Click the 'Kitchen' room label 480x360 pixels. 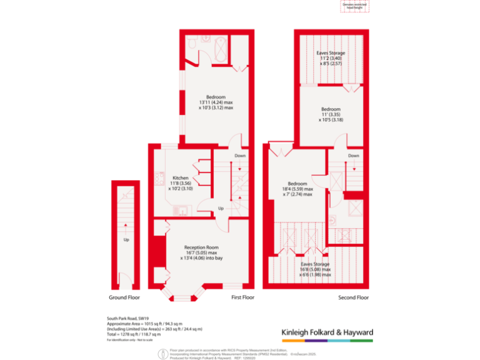click(x=181, y=177)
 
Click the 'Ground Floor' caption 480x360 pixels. click(x=125, y=297)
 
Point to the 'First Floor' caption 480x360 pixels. click(x=242, y=297)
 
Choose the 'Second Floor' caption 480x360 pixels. click(x=354, y=297)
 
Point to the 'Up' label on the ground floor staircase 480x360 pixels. click(x=126, y=239)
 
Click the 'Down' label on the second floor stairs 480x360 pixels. click(x=354, y=156)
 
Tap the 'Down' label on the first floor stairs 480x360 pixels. click(x=240, y=156)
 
